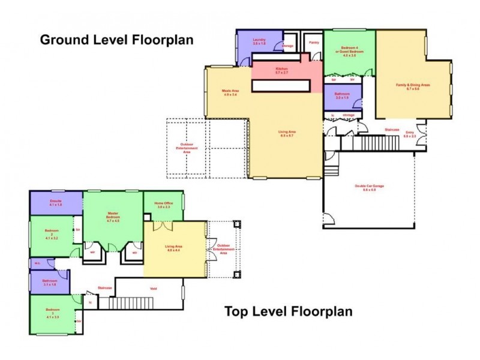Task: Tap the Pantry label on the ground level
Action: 314,43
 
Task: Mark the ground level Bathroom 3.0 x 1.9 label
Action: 342,95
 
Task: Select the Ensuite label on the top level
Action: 56,203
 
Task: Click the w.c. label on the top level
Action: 37,262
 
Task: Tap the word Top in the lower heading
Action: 236,311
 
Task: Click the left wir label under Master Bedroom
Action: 93,253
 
